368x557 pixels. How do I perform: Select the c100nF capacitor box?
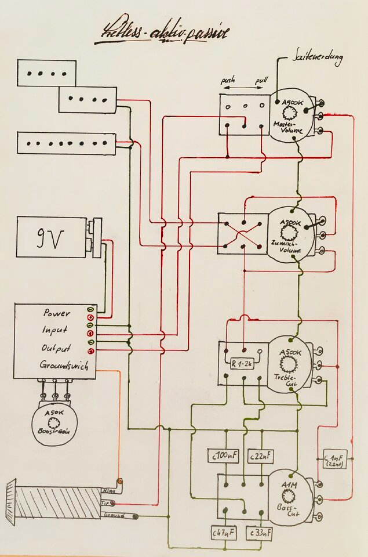tap(223, 457)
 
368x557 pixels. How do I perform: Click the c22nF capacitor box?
tap(260, 457)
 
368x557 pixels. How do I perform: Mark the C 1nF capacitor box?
tap(334, 459)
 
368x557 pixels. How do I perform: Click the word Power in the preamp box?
tap(56, 313)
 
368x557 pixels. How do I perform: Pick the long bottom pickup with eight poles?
tap(65, 143)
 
